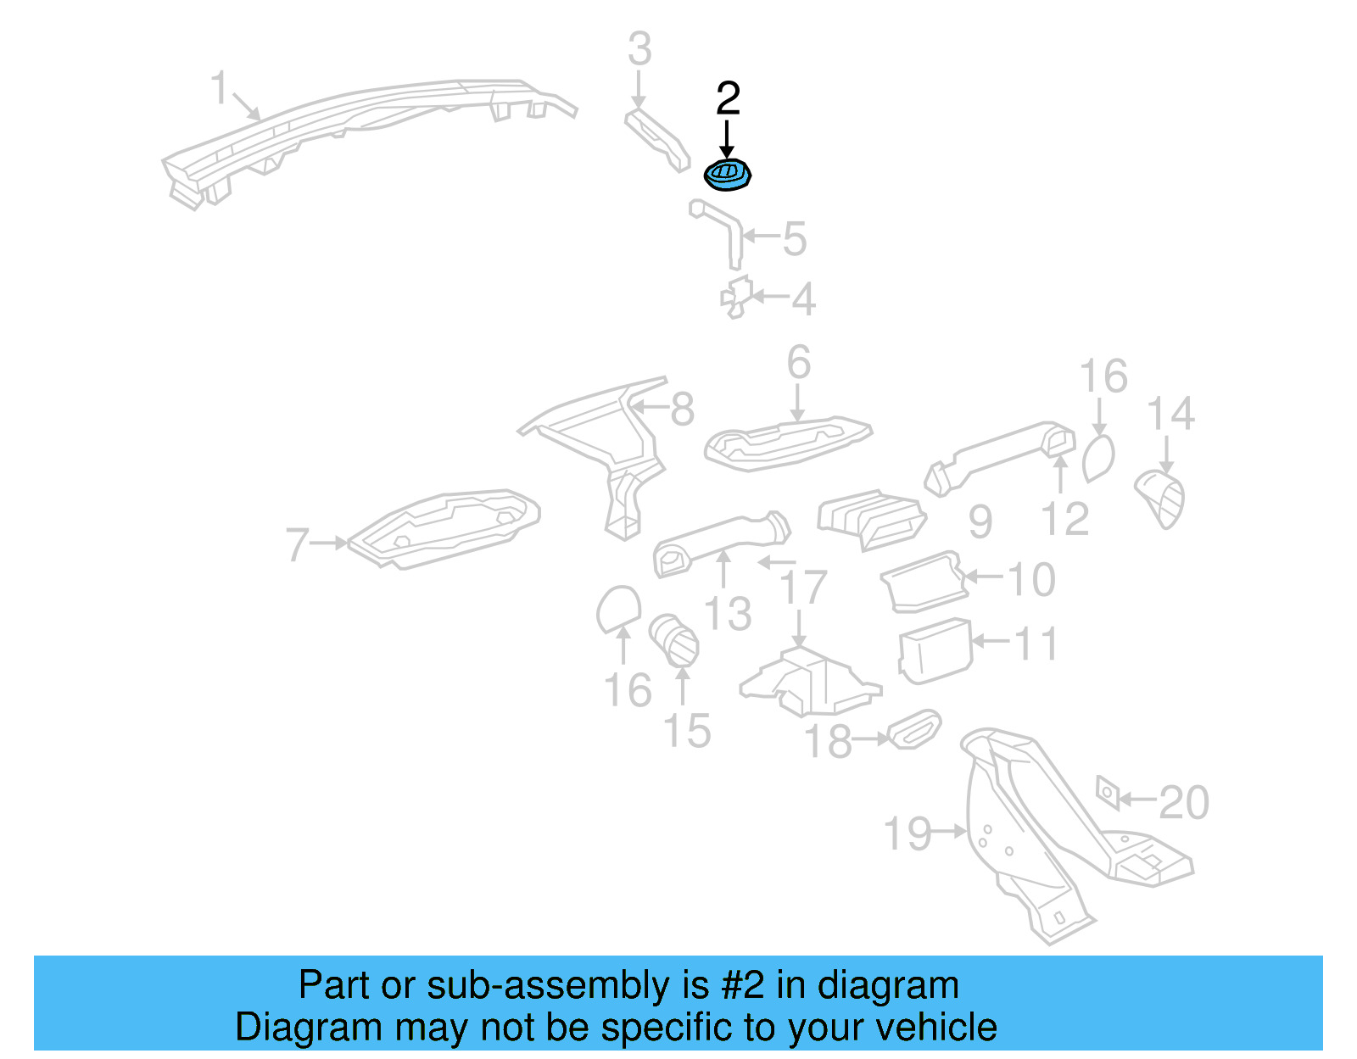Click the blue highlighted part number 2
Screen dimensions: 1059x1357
pyautogui.click(x=728, y=175)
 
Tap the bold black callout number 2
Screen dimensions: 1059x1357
pyautogui.click(x=728, y=99)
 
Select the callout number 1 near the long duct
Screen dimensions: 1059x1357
pyautogui.click(x=219, y=88)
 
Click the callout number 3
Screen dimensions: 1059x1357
pyautogui.click(x=639, y=49)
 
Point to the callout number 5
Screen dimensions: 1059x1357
pyautogui.click(x=794, y=239)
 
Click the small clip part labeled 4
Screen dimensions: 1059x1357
pyautogui.click(x=736, y=297)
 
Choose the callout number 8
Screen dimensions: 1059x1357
pyautogui.click(x=682, y=410)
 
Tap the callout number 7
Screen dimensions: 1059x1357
pyautogui.click(x=297, y=544)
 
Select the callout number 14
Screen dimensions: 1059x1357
pyautogui.click(x=1170, y=415)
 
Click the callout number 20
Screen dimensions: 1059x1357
pyautogui.click(x=1184, y=802)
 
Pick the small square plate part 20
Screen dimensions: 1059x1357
pyautogui.click(x=1108, y=793)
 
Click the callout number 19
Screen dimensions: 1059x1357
pyautogui.click(x=907, y=834)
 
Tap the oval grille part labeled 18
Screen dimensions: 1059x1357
pyautogui.click(x=913, y=729)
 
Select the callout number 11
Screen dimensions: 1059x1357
pyautogui.click(x=1036, y=644)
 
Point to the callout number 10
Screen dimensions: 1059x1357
pyautogui.click(x=1031, y=580)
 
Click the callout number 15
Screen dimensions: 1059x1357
pyautogui.click(x=686, y=731)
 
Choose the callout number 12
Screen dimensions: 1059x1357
pyautogui.click(x=1064, y=520)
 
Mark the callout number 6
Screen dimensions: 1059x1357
pyautogui.click(x=798, y=363)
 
